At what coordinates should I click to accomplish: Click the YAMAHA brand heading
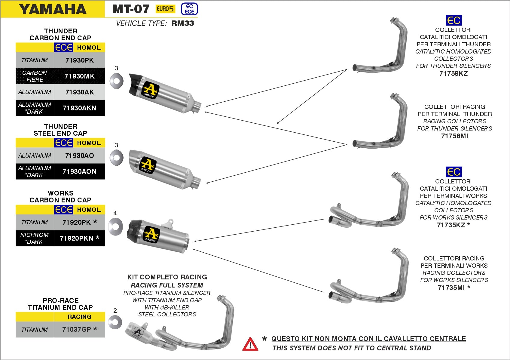(53, 9)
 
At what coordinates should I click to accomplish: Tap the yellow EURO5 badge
(165, 9)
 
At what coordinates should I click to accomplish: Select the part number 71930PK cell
(79, 60)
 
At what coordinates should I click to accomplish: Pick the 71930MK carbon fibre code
(79, 76)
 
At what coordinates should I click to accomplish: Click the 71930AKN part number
(79, 108)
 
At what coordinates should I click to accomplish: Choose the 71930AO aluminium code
(79, 155)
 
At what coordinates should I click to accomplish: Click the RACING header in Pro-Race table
(79, 317)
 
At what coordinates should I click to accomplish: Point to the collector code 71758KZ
(453, 73)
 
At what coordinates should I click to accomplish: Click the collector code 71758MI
(454, 136)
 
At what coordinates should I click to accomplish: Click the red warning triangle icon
(250, 344)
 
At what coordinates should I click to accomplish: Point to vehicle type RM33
(182, 23)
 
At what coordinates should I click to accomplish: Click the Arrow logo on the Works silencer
(151, 234)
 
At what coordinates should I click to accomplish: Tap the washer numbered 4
(116, 226)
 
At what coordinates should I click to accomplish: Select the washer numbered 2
(115, 322)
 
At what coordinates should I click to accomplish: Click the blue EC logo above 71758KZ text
(454, 20)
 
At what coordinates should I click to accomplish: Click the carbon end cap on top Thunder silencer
(135, 84)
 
